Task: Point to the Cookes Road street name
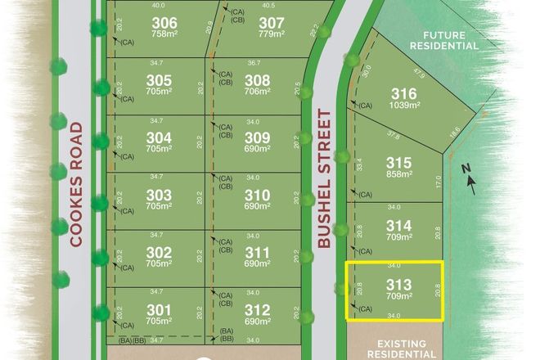pos(78,184)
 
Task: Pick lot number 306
pos(164,22)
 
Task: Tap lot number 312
pos(257,309)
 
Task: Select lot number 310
pos(257,195)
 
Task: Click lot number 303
pos(159,195)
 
